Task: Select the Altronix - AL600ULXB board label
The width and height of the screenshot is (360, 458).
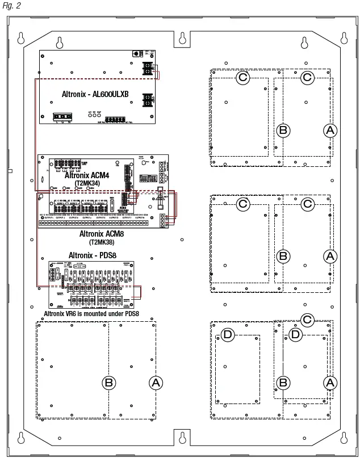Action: [95, 93]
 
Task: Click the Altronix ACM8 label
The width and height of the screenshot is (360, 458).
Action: [102, 233]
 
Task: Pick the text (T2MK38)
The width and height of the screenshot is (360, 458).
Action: [101, 241]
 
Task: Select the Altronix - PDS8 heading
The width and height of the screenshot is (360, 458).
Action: [91, 255]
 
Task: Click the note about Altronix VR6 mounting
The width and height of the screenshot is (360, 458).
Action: [91, 313]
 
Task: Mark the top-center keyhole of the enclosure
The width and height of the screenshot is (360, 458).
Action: [183, 39]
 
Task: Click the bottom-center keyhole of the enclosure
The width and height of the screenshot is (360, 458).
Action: [183, 437]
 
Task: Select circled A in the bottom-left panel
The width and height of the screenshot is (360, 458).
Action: [155, 383]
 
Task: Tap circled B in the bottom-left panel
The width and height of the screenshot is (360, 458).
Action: [108, 383]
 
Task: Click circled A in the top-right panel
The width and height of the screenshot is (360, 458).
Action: [330, 131]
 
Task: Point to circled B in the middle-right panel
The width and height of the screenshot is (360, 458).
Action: [283, 257]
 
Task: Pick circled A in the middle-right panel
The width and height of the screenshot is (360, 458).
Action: [330, 257]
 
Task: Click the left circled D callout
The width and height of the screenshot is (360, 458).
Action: [228, 335]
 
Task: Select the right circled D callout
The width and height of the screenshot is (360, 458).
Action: [295, 335]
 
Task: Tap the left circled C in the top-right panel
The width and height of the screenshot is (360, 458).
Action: [242, 77]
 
